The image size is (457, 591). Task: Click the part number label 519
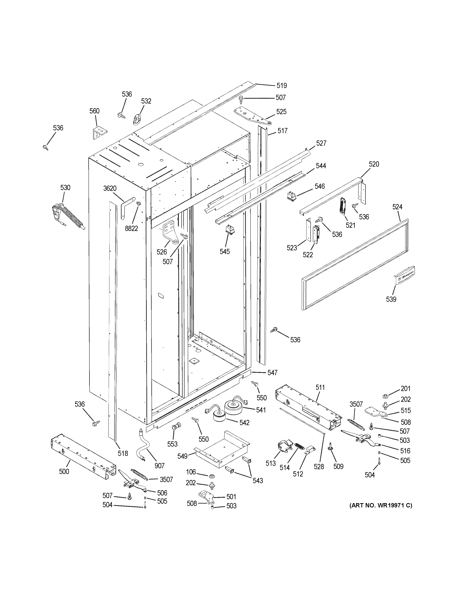tap(282, 86)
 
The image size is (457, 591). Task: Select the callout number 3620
tap(110, 188)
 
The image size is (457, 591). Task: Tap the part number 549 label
tap(182, 456)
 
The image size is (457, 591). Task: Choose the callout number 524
tap(397, 207)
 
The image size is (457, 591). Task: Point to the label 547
tap(272, 373)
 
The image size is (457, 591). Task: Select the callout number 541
tap(261, 410)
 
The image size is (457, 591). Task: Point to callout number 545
tap(225, 251)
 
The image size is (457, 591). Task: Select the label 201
tap(405, 389)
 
